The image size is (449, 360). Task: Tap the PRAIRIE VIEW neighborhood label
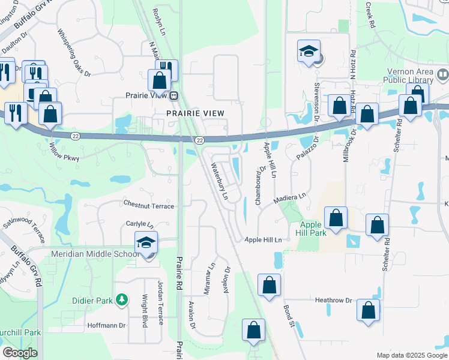point(196,113)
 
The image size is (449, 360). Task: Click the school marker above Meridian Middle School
point(146,243)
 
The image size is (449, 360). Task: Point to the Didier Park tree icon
point(122,299)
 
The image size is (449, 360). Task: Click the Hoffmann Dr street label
point(106,325)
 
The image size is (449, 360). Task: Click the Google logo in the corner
point(20,353)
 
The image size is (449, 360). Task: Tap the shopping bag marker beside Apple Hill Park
point(336,218)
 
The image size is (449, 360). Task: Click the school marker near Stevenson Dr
point(309,52)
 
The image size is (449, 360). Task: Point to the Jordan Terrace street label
point(160,302)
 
